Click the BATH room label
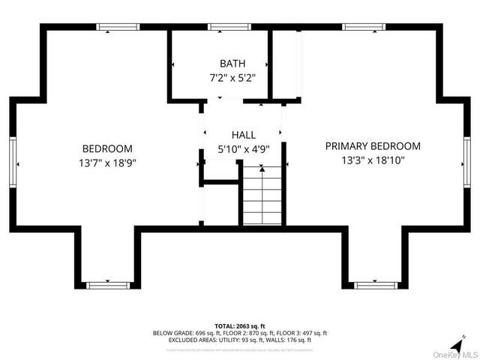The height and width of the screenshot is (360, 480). (x=232, y=64)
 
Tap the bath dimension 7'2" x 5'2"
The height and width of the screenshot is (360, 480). (x=232, y=77)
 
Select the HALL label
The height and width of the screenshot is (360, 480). (x=243, y=135)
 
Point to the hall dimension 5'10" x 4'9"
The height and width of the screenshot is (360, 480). (x=243, y=148)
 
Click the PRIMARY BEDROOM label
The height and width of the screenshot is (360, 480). (x=373, y=146)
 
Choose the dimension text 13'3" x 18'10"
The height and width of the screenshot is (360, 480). (x=373, y=160)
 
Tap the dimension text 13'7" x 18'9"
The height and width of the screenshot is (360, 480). (x=107, y=162)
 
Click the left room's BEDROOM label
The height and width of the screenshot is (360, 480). (x=107, y=148)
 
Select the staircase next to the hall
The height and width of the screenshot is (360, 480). (x=262, y=196)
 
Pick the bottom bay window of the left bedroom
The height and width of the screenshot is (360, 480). (x=107, y=285)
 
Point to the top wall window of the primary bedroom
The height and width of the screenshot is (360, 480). (x=364, y=27)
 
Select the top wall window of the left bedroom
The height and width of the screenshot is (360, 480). (x=118, y=27)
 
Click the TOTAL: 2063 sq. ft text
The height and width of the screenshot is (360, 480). (x=240, y=325)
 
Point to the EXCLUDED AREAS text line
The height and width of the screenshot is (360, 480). (x=240, y=340)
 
